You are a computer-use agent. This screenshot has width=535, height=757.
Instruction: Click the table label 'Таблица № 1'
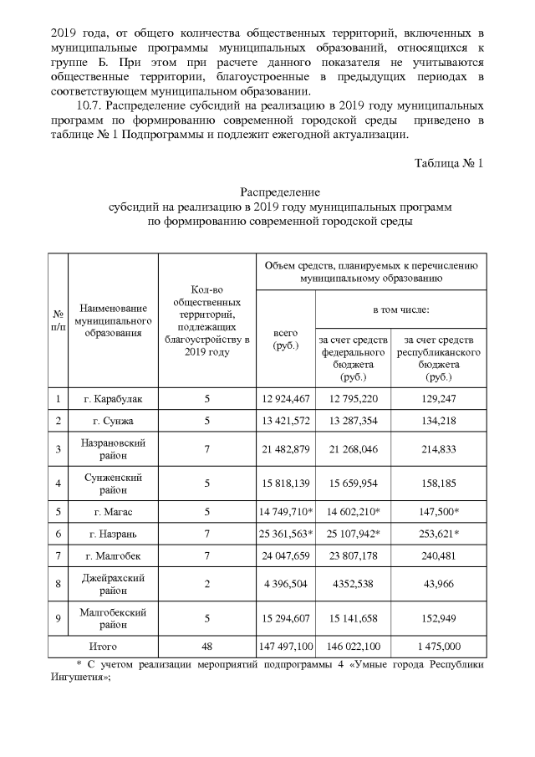[449, 161]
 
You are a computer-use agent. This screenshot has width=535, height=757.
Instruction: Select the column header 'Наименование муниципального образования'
[113, 321]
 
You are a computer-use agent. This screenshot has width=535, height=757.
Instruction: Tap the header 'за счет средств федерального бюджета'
[354, 358]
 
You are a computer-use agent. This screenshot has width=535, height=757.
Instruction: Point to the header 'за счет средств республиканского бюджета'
[438, 358]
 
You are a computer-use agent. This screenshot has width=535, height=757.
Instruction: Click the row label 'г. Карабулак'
[113, 398]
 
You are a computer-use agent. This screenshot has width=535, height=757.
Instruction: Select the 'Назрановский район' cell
[113, 449]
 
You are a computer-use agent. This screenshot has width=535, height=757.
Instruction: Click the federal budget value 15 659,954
[354, 483]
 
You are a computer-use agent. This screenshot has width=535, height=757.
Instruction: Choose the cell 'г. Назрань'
[113, 533]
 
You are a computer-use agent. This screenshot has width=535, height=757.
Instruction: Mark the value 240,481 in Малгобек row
[438, 555]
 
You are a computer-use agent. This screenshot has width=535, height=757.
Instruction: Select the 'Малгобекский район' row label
[113, 617]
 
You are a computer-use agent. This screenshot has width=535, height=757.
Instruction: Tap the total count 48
[206, 647]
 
